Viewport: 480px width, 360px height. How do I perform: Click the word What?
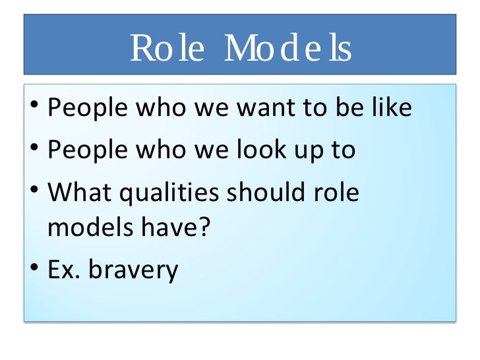[x=78, y=192]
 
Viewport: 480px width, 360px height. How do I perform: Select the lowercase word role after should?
[x=336, y=192]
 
